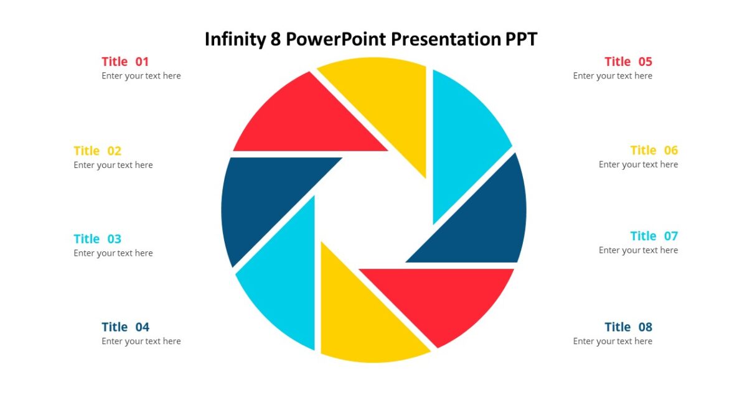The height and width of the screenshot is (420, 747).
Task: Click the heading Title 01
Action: coord(125,62)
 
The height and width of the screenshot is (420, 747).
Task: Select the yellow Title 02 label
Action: coord(97,151)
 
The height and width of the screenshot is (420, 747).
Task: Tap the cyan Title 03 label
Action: coord(97,239)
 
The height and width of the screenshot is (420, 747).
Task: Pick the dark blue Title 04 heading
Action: coord(125,327)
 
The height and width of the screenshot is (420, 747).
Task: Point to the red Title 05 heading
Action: coord(628,62)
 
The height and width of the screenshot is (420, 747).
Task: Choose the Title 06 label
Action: coord(654,151)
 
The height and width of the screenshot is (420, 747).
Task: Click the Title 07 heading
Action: coord(654,236)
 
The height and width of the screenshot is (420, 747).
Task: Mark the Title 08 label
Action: coord(628,327)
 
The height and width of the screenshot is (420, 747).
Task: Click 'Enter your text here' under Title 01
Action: coord(141,76)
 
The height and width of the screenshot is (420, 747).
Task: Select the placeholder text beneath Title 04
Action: coord(141,342)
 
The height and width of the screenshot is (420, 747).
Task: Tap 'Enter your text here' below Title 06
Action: coord(638,165)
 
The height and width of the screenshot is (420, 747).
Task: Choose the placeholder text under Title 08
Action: coord(613,342)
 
